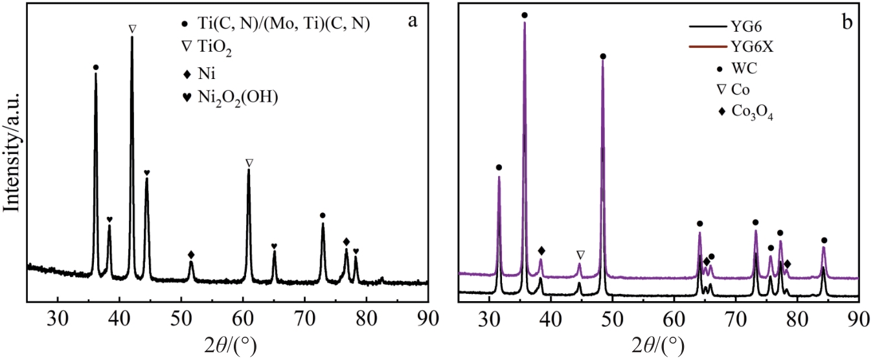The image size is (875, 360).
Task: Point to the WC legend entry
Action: [738, 67]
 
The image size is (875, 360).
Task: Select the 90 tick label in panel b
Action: [858, 318]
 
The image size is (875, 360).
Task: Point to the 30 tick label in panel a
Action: [58, 318]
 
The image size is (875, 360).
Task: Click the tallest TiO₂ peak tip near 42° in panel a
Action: [132, 37]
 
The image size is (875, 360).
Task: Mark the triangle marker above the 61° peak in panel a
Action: [249, 163]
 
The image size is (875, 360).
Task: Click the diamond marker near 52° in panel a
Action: [191, 254]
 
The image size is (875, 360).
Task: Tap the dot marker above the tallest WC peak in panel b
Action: [524, 15]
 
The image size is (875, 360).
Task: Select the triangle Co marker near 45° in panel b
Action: [580, 254]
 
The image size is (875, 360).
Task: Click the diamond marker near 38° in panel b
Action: [541, 251]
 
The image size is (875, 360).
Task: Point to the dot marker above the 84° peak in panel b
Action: [824, 240]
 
